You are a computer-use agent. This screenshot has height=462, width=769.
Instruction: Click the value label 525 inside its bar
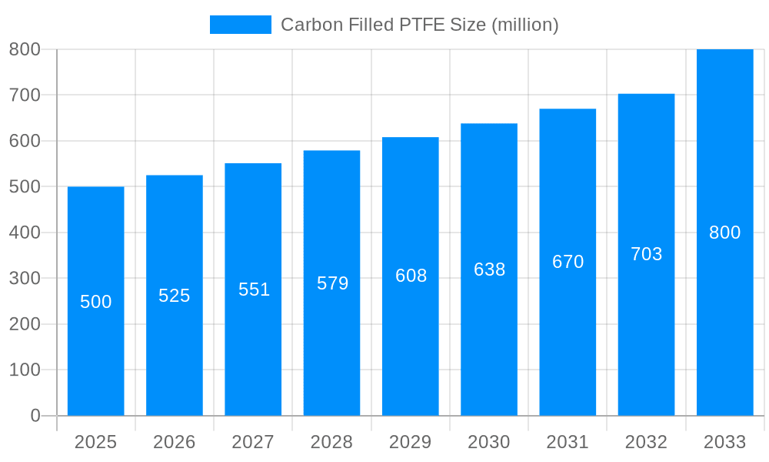point(175,296)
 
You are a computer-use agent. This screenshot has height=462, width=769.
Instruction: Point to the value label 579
point(332,283)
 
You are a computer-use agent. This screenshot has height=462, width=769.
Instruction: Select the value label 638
point(489,269)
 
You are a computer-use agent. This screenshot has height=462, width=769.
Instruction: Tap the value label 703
point(646,254)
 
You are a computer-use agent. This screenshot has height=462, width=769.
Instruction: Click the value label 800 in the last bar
point(724,233)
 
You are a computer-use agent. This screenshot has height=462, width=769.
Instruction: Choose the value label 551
point(254,290)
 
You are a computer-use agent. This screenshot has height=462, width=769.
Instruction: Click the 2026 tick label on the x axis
point(175,442)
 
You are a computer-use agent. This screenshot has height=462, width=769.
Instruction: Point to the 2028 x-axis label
point(331,442)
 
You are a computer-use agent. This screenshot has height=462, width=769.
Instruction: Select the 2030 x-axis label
point(489,442)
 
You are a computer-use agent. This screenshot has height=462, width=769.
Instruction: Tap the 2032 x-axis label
point(646,442)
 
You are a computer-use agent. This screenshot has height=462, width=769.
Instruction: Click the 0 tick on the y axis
point(35,416)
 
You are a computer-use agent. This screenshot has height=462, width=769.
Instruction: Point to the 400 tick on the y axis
point(25,233)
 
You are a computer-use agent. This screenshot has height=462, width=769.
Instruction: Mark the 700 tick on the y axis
point(25,95)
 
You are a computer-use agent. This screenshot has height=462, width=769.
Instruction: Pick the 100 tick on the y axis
point(25,370)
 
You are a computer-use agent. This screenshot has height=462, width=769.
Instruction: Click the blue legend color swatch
point(241,25)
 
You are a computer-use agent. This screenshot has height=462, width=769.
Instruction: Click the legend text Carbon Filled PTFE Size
point(419,25)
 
